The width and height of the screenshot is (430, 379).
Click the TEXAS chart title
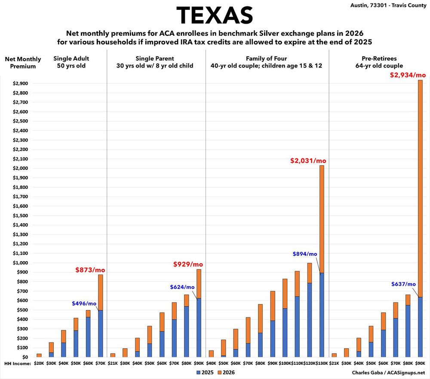coord(215,15)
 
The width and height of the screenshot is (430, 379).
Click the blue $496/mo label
coord(84,303)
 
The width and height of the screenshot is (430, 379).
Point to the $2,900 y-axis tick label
coord(19,83)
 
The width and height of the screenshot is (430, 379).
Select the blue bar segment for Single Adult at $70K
coord(100,333)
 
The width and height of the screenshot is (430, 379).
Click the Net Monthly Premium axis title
coord(23,62)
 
